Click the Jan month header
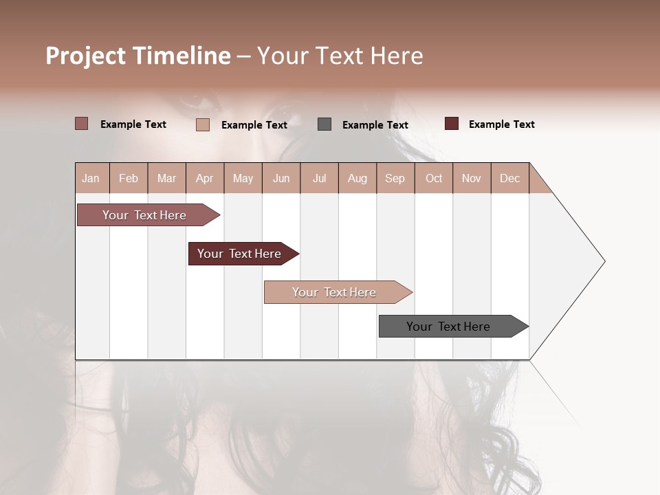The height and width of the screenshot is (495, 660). coord(91,178)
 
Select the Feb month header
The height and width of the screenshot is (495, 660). coord(129,178)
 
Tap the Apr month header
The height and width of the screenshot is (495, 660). coord(204,178)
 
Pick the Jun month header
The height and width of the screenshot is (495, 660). coord(281,178)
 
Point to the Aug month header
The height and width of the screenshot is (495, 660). coord(357,178)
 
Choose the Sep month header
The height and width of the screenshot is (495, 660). coord(395,178)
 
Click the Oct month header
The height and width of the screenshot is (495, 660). coord(434,178)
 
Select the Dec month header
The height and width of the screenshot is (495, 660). coord(509,178)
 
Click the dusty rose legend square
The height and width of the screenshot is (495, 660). coord(82,124)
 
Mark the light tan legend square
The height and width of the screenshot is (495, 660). coord(203,124)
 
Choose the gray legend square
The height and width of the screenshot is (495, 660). coord(324,124)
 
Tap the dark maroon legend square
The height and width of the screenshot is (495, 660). coord(452,124)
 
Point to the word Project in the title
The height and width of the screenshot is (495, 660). coord(87,56)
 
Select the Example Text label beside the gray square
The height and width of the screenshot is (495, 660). coord(375,125)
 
